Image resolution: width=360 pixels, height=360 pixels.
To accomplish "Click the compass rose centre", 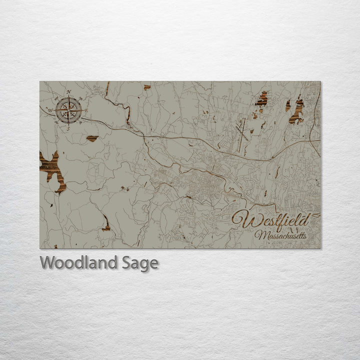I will [x=69, y=110].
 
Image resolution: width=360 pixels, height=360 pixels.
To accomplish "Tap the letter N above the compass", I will [x=69, y=91].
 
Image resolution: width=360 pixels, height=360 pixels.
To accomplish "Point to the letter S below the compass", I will [x=68, y=128].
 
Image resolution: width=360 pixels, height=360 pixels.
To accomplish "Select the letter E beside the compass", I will [x=86, y=110].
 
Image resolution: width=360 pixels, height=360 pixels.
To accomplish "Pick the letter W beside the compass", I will [x=50, y=110].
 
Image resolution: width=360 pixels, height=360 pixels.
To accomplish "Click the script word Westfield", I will [x=270, y=220].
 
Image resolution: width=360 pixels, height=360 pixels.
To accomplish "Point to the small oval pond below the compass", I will [x=92, y=138].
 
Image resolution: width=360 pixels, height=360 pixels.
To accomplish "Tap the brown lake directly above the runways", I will [x=261, y=99].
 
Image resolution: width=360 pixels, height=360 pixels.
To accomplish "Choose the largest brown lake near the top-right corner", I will [x=297, y=110].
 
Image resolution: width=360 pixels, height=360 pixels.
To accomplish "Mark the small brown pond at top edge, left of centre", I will [x=147, y=87].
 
